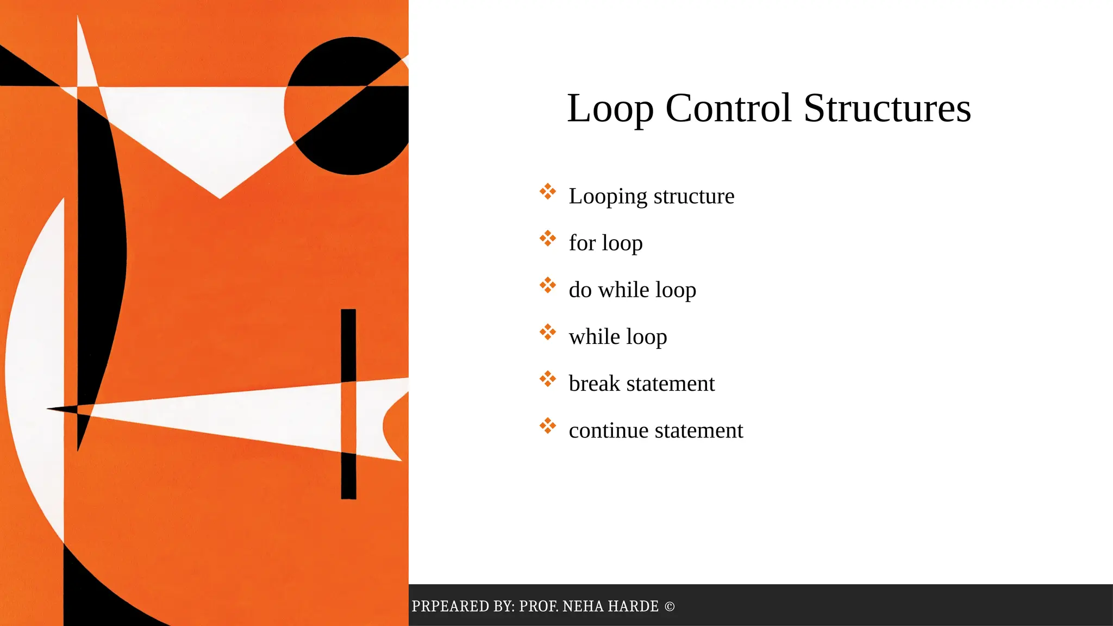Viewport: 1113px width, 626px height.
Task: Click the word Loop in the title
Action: point(610,109)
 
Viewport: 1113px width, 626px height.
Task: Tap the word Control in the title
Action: point(728,109)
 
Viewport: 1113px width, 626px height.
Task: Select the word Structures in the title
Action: point(887,109)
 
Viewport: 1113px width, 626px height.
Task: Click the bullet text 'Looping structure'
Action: point(651,196)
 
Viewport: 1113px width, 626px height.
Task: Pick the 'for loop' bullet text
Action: point(605,243)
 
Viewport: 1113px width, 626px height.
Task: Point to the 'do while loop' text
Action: point(632,290)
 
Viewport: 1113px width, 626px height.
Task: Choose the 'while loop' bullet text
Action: point(617,337)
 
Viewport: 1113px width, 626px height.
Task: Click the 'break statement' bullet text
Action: point(641,384)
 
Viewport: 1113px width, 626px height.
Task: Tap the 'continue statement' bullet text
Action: point(655,430)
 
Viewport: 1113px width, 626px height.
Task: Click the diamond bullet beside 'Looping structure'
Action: point(548,191)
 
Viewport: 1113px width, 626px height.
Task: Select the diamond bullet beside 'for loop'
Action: point(548,238)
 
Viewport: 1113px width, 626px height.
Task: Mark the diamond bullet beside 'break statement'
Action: point(548,379)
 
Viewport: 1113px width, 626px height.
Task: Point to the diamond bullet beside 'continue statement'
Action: point(548,425)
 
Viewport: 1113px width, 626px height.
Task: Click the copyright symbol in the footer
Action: point(670,606)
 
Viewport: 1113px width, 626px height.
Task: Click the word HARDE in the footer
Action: point(633,606)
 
